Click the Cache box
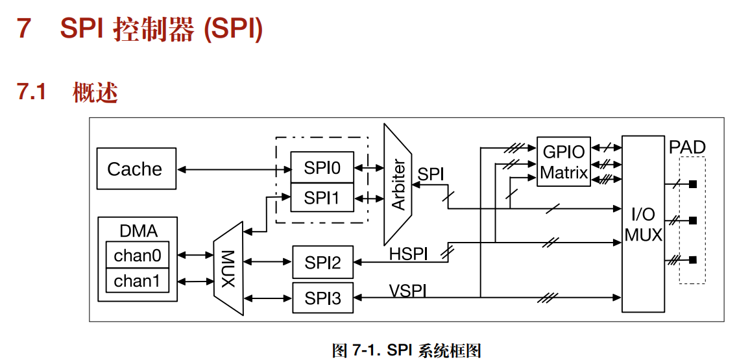pyautogui.click(x=136, y=169)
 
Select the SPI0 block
pyautogui.click(x=322, y=169)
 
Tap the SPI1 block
pyautogui.click(x=322, y=197)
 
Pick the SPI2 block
pyautogui.click(x=322, y=262)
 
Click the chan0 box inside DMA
pyautogui.click(x=137, y=256)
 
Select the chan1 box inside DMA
pyautogui.click(x=137, y=281)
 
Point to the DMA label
pyautogui.click(x=138, y=231)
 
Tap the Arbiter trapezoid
pyautogui.click(x=398, y=184)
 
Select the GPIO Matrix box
pyautogui.click(x=563, y=162)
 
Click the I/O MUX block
pyautogui.click(x=643, y=224)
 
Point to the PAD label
pyautogui.click(x=687, y=147)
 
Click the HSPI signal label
pyautogui.click(x=408, y=254)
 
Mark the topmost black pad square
pyautogui.click(x=693, y=185)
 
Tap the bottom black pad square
pyautogui.click(x=693, y=260)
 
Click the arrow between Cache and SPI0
pyautogui.click(x=234, y=169)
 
